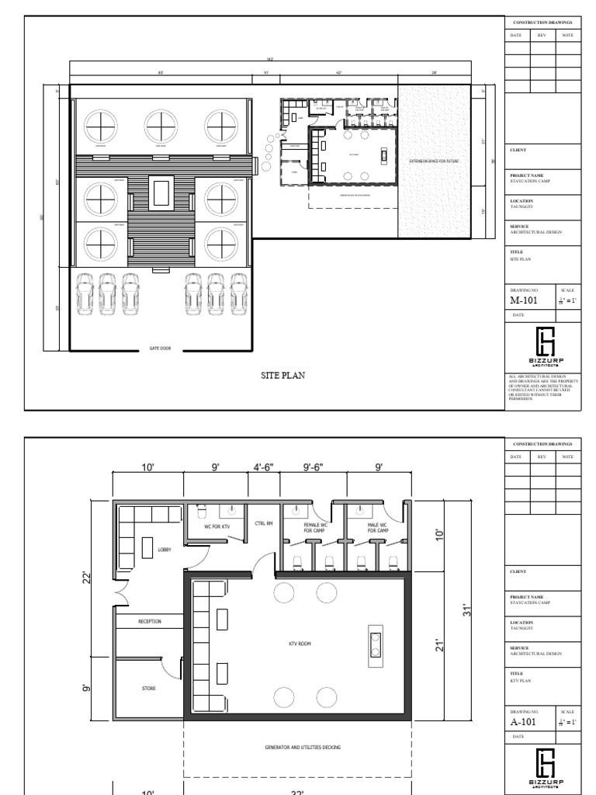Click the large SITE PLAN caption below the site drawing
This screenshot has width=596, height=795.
pos(283,375)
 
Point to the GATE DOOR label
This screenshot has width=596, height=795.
pos(161,349)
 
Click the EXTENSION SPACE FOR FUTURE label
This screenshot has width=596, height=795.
pos(435,161)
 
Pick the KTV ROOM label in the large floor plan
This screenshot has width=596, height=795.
pos(298,644)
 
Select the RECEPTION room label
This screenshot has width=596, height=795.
pos(149,621)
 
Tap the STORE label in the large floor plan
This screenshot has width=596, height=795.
pos(147,688)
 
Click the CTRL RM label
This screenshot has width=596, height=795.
pos(264,523)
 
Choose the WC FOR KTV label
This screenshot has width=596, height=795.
pos(217,527)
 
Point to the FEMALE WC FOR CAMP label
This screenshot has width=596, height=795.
pos(314,528)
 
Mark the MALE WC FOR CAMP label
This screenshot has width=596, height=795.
pos(379,528)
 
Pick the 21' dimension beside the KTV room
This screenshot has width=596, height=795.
pos(439,645)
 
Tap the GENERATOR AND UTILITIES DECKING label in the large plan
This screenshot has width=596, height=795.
pos(298,747)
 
